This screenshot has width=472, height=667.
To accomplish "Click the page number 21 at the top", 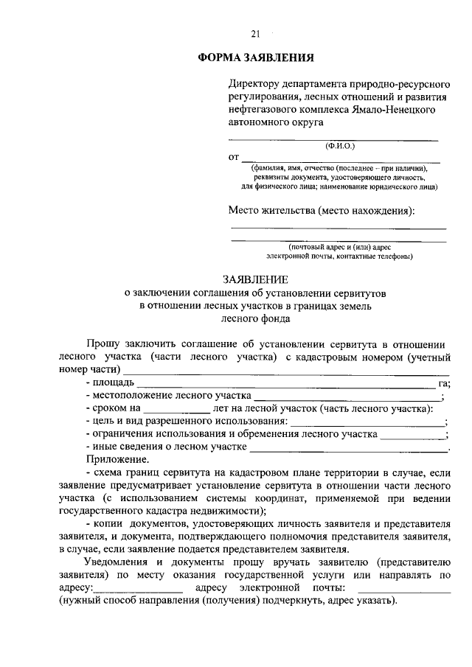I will pyautogui.click(x=256, y=33).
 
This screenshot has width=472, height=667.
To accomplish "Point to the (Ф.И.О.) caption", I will pyautogui.click(x=340, y=146).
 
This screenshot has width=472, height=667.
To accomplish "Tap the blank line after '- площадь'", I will pyautogui.click(x=286, y=385).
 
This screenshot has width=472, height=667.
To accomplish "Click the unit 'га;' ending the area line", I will pyautogui.click(x=444, y=383).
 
